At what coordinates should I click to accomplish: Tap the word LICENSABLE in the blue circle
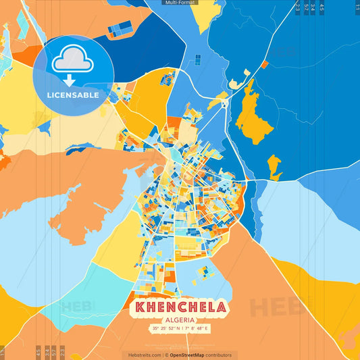(x=73, y=95)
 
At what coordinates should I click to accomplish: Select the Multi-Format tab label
(x=180, y=3)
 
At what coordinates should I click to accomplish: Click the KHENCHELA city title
(x=180, y=307)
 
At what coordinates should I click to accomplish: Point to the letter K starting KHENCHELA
(x=140, y=307)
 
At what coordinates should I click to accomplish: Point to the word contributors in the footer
(x=220, y=355)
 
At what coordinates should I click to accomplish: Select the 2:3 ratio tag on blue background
(x=297, y=7)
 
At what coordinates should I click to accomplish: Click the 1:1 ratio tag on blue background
(x=357, y=7)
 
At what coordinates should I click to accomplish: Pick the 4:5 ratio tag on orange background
(x=38, y=352)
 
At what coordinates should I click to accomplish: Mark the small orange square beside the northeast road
(x=265, y=65)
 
